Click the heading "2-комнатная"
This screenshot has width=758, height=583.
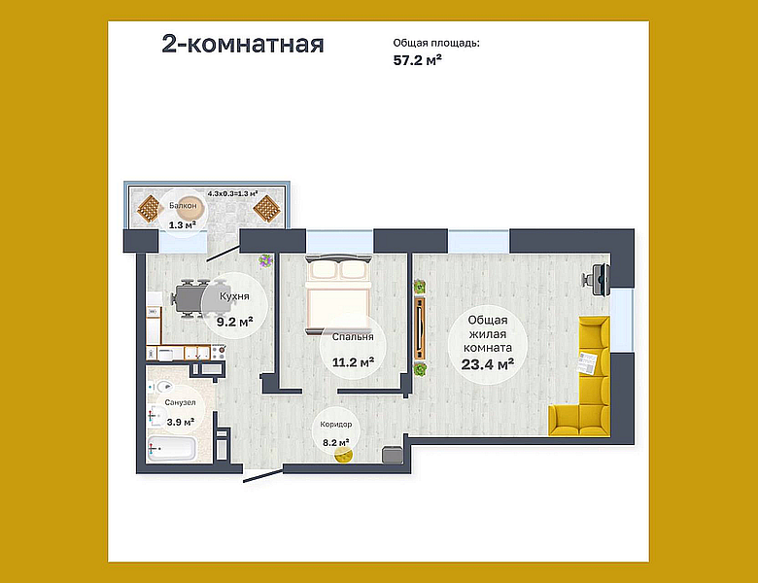pyautogui.click(x=243, y=45)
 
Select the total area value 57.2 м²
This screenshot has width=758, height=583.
pyautogui.click(x=418, y=60)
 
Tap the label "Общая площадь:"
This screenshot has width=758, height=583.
pyautogui.click(x=436, y=43)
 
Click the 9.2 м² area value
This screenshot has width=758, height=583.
pyautogui.click(x=235, y=320)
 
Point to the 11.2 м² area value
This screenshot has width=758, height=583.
pyautogui.click(x=353, y=362)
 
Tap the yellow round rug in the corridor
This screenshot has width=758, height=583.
pyautogui.click(x=339, y=458)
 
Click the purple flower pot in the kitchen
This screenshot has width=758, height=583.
pyautogui.click(x=265, y=260)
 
